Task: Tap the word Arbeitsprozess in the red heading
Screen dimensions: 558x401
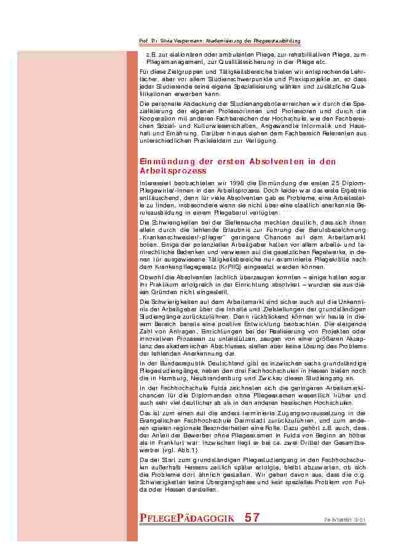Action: pyautogui.click(x=173, y=170)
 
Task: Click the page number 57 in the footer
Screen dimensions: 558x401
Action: pyautogui.click(x=252, y=518)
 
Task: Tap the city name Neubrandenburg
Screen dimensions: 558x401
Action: pyautogui.click(x=217, y=379)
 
